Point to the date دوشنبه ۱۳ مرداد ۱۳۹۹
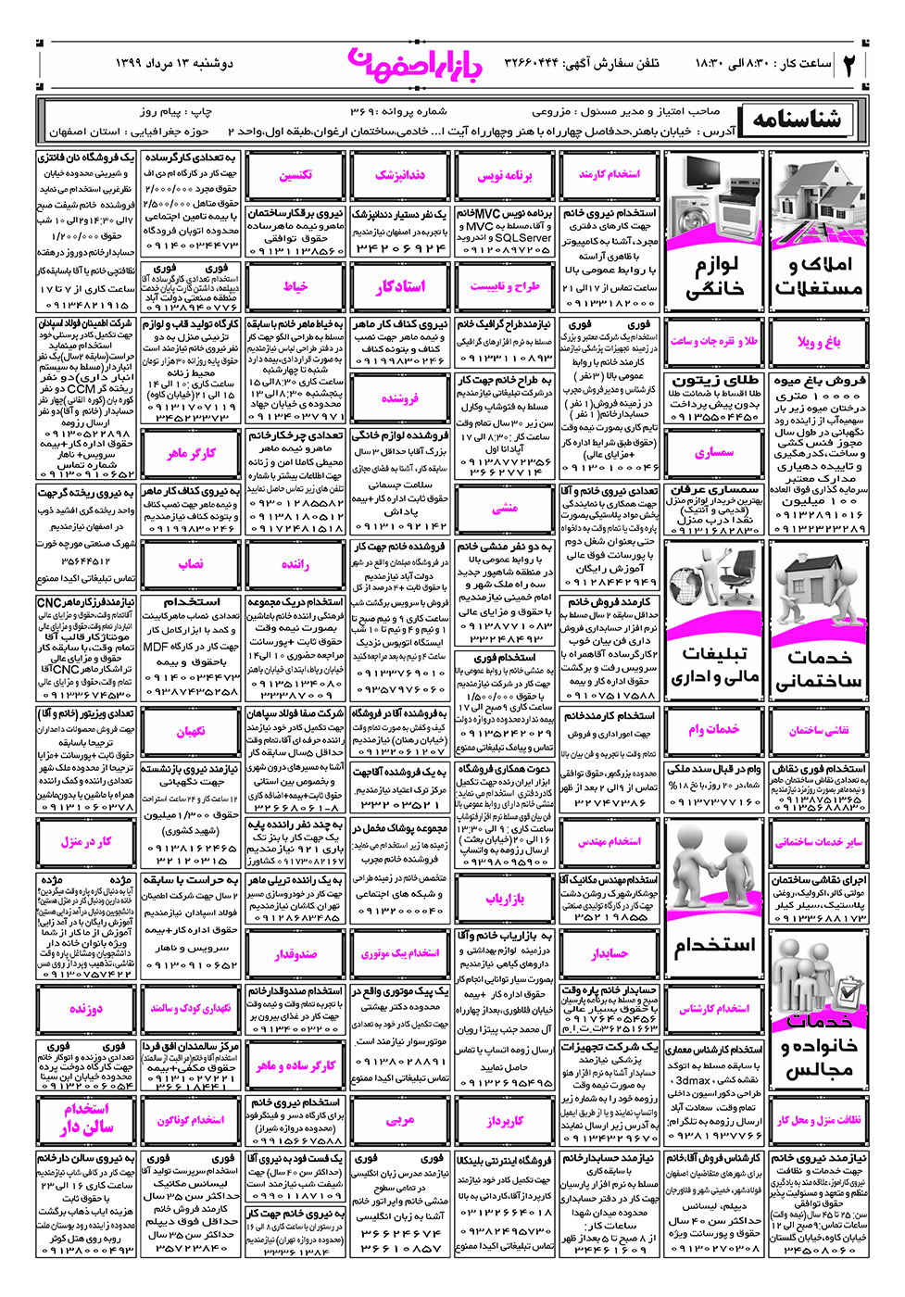(x=174, y=63)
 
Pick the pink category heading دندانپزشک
(x=400, y=175)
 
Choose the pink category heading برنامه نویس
(x=505, y=175)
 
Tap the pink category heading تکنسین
(x=295, y=175)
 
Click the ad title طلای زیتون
(x=714, y=381)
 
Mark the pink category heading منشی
(x=505, y=508)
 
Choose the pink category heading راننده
(x=295, y=563)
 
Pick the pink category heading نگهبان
(x=191, y=731)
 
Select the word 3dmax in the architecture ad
(x=693, y=1080)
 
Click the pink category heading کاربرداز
(x=505, y=1120)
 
